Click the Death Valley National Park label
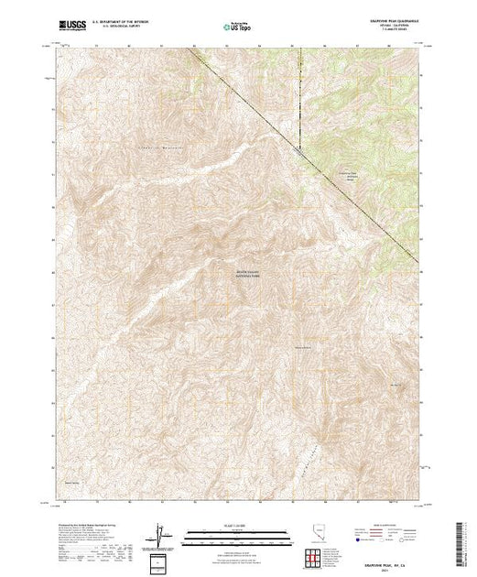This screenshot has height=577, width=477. pyautogui.click(x=248, y=271)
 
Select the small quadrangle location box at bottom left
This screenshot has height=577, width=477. pyautogui.click(x=161, y=561)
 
